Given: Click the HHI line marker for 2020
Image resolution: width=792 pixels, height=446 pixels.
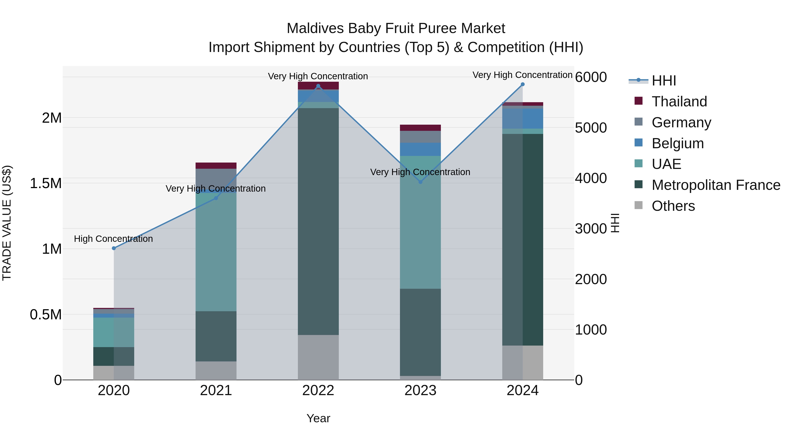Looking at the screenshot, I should click(114, 248).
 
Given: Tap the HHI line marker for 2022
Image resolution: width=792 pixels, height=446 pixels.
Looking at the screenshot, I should click(318, 86).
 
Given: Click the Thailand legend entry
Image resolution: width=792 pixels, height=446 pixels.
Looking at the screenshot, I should click(679, 102).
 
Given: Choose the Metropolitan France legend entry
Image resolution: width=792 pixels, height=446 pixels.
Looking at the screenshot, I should click(715, 185).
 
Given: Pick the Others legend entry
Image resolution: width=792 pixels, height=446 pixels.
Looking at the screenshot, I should click(673, 206).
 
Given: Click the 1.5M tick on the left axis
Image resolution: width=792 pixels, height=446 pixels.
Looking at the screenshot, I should click(46, 183).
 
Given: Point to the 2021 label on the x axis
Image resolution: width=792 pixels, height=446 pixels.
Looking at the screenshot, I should click(216, 390).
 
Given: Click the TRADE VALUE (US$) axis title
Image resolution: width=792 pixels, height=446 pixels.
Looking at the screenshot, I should click(7, 223).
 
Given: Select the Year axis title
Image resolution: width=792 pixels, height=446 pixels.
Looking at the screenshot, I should click(318, 418).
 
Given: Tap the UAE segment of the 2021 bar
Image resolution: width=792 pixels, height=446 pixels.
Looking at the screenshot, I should click(216, 252).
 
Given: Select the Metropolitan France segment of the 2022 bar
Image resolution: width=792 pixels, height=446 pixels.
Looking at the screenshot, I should click(318, 222).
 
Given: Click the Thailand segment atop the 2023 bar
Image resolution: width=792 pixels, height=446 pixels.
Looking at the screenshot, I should click(420, 128).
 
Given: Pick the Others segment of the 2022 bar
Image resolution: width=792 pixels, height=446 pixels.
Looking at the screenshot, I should click(318, 357).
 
